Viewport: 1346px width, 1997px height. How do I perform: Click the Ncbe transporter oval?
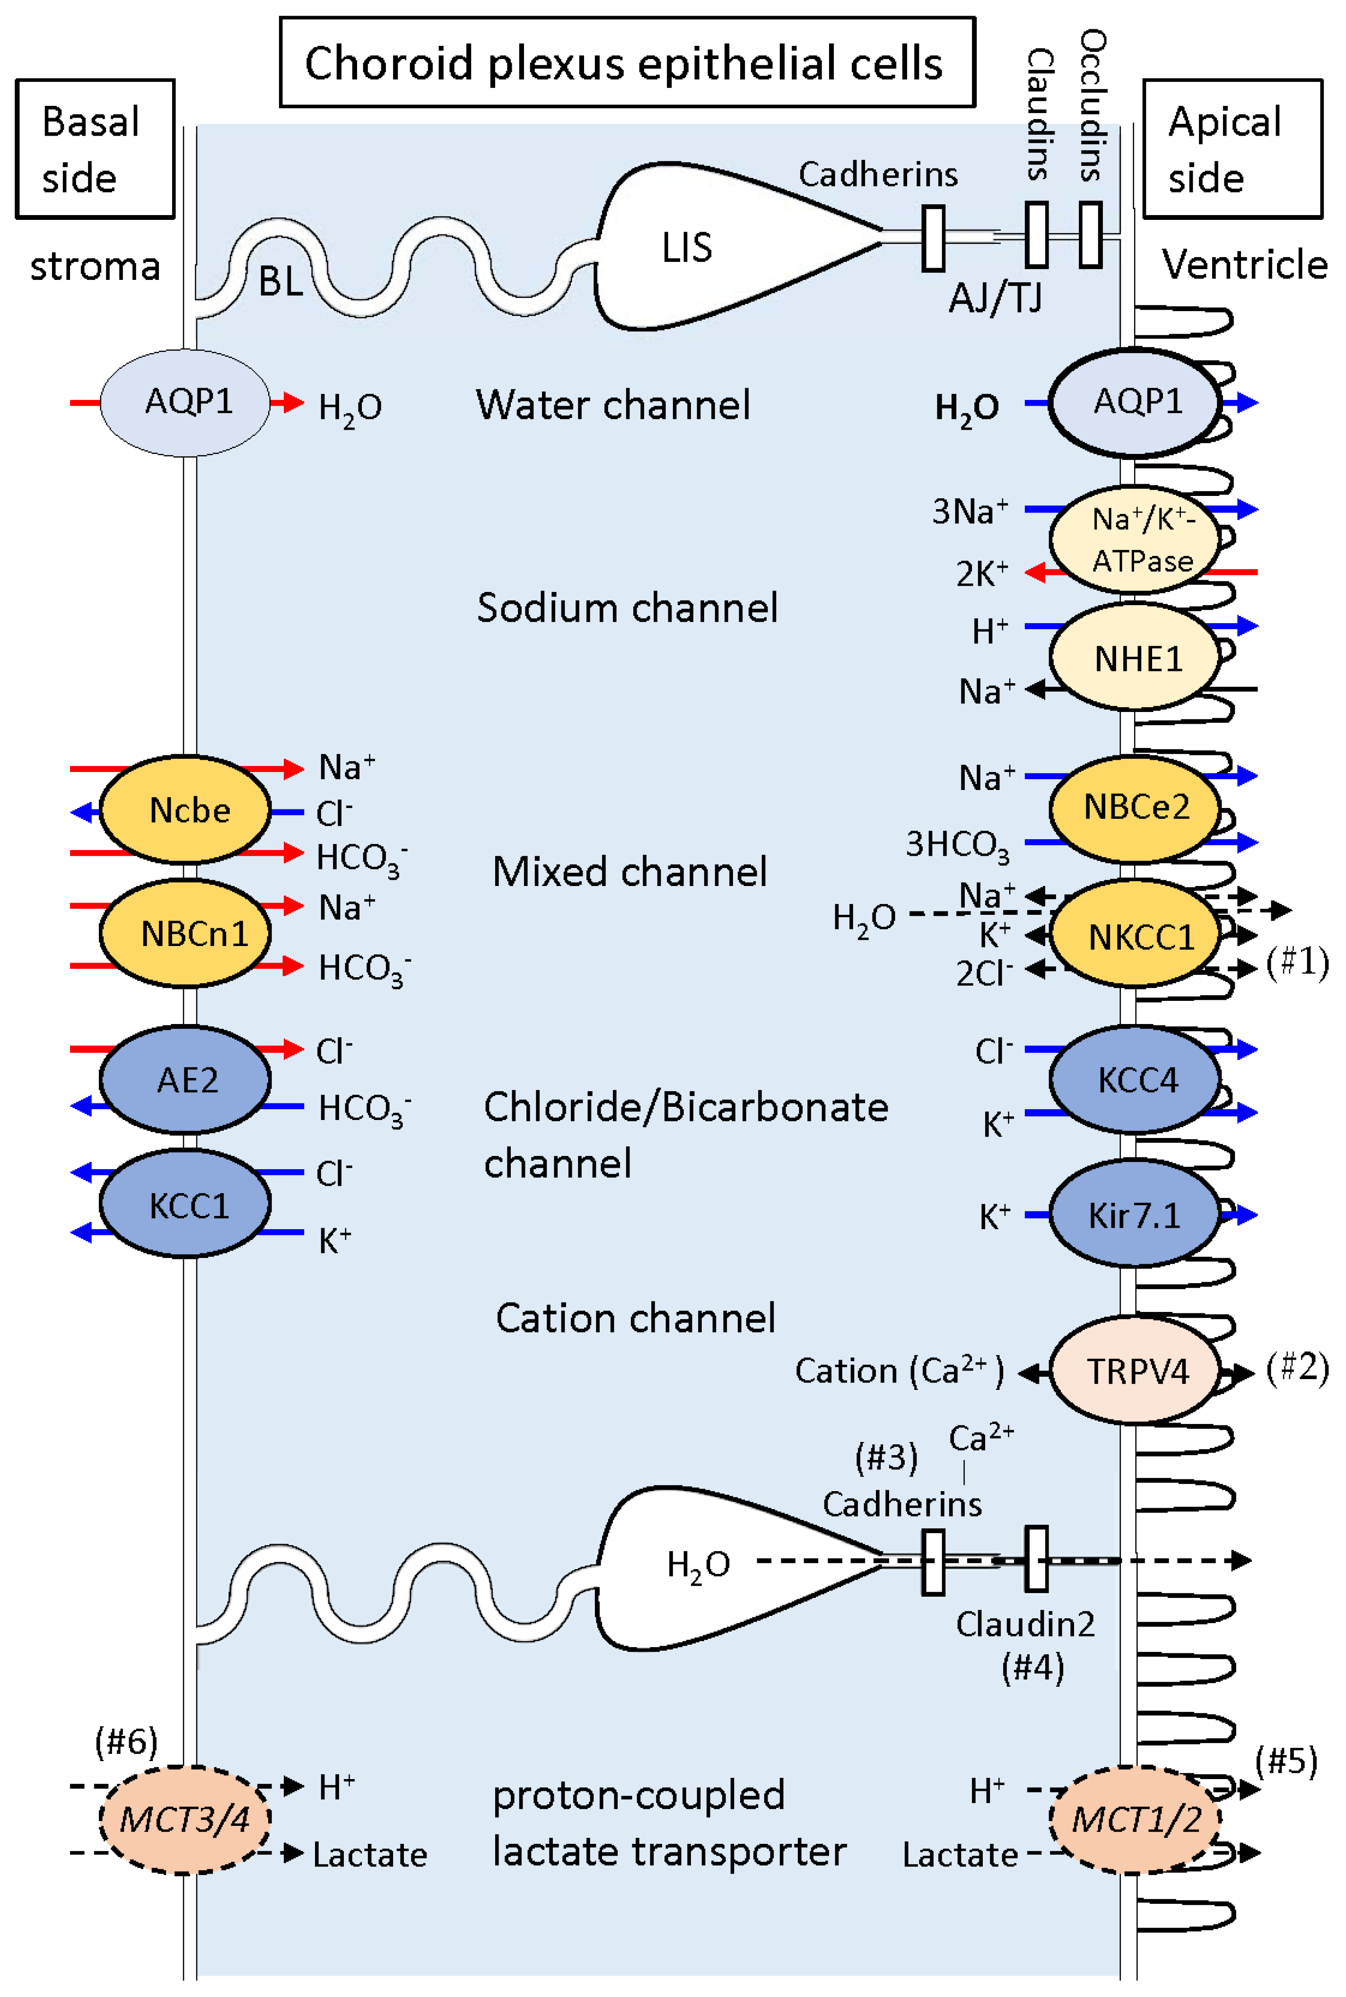(185, 809)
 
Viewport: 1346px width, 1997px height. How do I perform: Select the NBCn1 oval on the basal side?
(185, 933)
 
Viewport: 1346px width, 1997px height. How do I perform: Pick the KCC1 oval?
(185, 1205)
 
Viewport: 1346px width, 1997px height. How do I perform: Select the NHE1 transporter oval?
(1135, 658)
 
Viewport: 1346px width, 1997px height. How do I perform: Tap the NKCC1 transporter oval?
(1135, 936)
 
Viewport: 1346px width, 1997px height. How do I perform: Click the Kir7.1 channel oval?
(1135, 1214)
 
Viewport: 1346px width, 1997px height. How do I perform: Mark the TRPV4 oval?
(1135, 1371)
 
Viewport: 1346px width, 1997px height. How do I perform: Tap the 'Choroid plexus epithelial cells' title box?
(627, 63)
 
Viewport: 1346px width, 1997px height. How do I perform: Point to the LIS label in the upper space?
(687, 247)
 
